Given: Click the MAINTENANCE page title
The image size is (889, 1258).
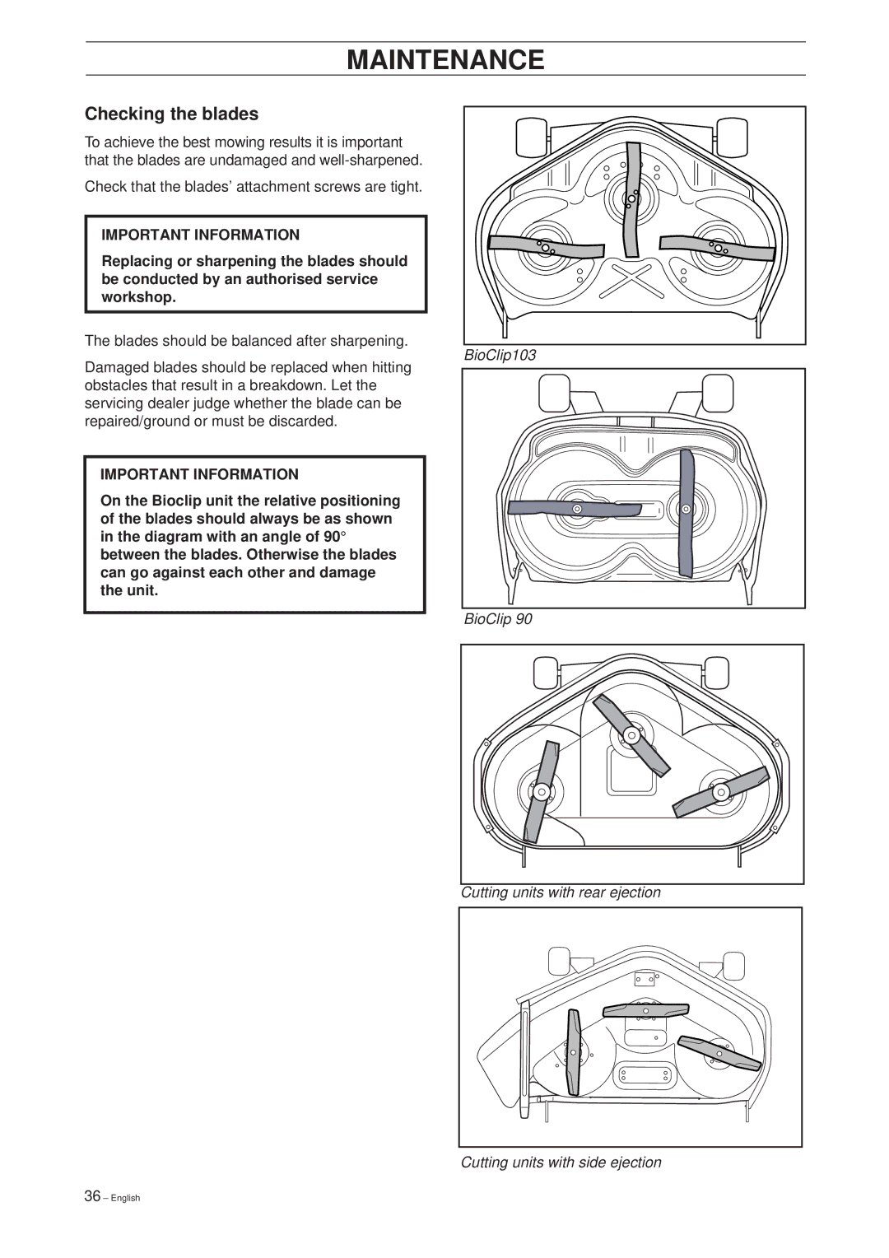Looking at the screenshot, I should point(445,60).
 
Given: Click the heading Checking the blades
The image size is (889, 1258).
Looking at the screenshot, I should point(171,114).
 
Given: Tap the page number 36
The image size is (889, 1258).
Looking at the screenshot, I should point(92,1196).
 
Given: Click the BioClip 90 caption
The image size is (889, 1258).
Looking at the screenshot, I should point(498,619).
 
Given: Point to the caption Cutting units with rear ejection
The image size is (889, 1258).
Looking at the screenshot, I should point(561,892).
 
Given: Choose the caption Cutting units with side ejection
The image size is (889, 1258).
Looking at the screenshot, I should point(561,1162).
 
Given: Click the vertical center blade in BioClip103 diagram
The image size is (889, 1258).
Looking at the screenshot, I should point(632,200).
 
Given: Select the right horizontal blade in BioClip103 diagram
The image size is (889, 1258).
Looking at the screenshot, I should point(717,246).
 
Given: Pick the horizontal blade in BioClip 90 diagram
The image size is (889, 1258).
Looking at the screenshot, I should point(575,509).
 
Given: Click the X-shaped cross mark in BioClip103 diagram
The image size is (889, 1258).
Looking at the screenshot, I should point(631,280).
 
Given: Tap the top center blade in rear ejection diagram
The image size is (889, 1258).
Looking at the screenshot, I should point(631,735).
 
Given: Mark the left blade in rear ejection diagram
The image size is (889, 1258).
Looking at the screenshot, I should point(541,792).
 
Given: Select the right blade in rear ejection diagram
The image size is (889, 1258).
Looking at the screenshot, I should point(721,792).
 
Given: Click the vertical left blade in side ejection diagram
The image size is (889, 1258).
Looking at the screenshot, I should point(574,1052).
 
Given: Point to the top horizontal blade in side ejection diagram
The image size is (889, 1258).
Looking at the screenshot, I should point(646,1010).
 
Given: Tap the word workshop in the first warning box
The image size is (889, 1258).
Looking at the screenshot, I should point(138,297).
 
